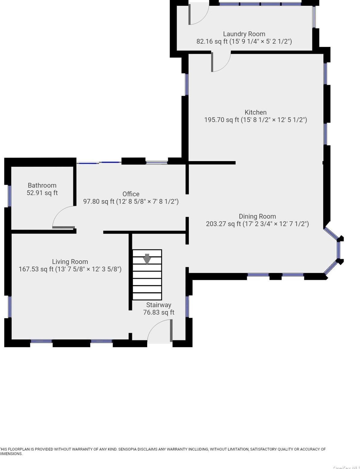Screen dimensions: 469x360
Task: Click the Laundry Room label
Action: click(244, 34)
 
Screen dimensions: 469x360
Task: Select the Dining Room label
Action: click(257, 216)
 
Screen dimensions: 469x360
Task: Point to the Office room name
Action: click(131, 194)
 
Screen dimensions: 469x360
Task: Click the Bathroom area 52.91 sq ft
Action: click(42, 193)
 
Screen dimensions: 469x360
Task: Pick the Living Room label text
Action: click(70, 262)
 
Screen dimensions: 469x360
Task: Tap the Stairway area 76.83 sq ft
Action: click(159, 312)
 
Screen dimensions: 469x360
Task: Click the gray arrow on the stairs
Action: click(147, 259)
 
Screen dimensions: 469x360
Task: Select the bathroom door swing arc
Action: click(60, 214)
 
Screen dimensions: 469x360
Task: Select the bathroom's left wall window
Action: click(10, 196)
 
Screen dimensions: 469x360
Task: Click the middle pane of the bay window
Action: click(339, 250)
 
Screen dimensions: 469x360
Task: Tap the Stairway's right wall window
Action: click(187, 306)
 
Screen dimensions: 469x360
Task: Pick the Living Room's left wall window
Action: click(10, 307)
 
